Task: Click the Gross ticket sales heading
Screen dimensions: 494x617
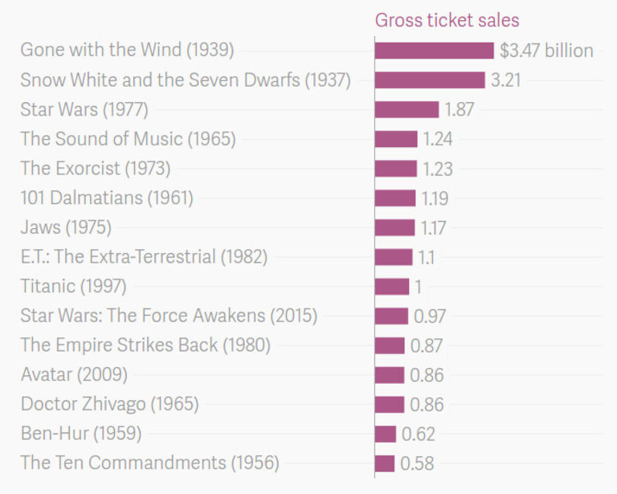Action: point(447,21)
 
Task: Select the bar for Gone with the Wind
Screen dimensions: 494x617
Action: point(434,51)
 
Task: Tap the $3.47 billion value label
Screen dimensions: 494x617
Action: point(546,51)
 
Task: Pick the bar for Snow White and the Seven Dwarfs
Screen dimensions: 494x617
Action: point(430,80)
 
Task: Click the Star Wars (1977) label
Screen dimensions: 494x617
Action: point(84,110)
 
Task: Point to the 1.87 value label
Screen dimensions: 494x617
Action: point(460,110)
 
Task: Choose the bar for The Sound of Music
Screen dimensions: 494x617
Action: point(396,139)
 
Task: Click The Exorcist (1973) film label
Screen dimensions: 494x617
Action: point(96,169)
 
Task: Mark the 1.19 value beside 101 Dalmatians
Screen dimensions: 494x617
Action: point(435,198)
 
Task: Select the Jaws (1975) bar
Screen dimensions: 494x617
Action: point(394,227)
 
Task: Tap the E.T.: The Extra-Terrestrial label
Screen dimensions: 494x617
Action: point(144,257)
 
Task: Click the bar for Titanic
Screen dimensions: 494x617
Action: point(392,287)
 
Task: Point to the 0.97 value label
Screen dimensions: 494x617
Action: point(430,316)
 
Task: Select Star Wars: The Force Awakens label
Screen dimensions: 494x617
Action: point(169,316)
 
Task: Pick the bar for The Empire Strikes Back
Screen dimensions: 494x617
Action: point(390,345)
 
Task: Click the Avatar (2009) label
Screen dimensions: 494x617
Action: point(74,374)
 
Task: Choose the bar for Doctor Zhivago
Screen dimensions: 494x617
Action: point(390,404)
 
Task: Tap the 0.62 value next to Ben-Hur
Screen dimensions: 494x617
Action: point(418,434)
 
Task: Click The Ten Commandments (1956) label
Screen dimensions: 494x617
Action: point(150,463)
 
